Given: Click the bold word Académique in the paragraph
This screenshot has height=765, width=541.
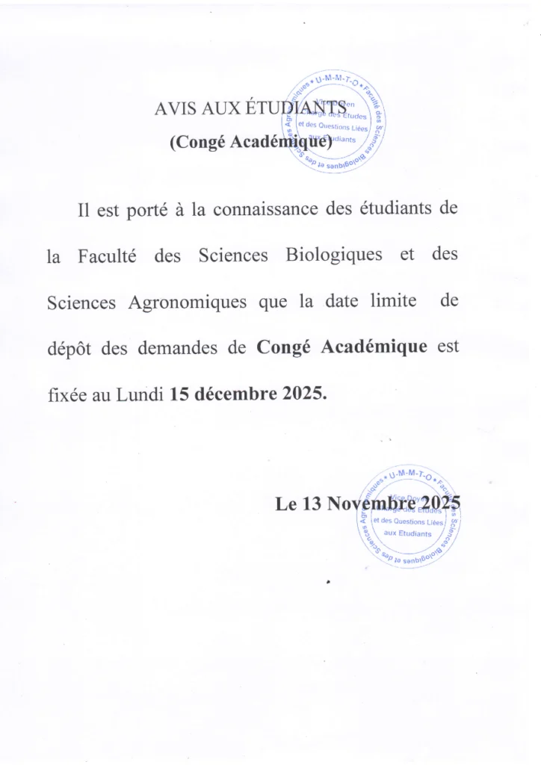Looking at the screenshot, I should pos(374,347).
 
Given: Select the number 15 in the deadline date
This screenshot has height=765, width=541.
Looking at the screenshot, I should pos(179,394).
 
